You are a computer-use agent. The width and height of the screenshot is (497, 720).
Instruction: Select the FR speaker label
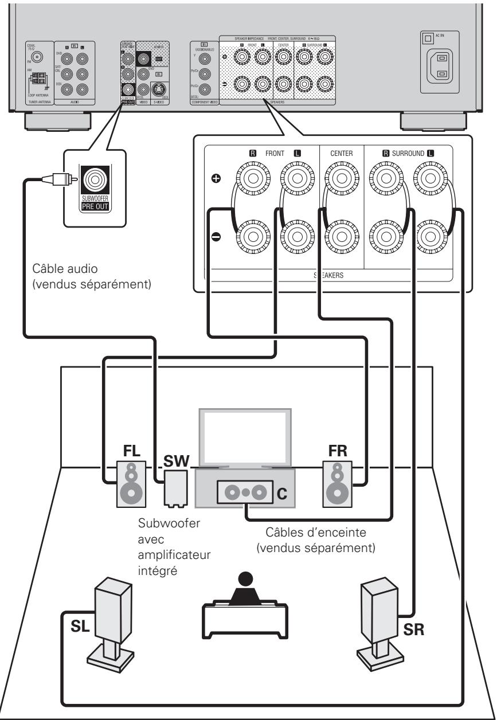click(x=336, y=449)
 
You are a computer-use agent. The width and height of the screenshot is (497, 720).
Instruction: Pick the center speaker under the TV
click(x=246, y=491)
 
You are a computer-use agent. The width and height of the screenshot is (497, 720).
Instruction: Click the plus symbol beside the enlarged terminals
click(x=215, y=178)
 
